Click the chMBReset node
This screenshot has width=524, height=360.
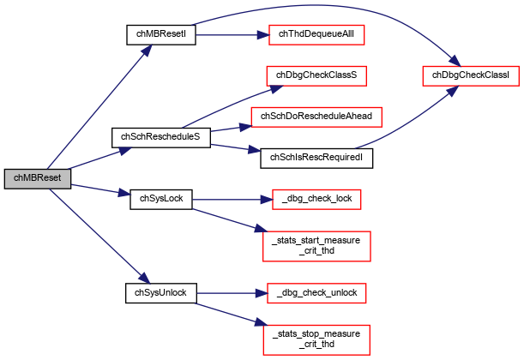[37, 178]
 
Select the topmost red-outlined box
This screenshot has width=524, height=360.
[316, 35]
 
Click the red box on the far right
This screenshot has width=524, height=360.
[470, 76]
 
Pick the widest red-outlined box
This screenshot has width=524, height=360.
[316, 117]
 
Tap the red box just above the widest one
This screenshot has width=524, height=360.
[316, 76]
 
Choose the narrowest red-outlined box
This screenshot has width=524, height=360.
[316, 200]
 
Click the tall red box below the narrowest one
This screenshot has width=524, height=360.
[316, 246]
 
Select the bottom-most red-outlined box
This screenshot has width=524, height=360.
[316, 339]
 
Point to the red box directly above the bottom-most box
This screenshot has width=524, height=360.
[316, 293]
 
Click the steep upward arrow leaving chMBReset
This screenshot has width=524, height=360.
[99, 106]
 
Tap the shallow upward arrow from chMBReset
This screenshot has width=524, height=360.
[99, 159]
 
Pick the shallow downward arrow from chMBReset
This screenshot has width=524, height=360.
[99, 189]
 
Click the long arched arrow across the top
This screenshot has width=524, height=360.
[326, 7]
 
